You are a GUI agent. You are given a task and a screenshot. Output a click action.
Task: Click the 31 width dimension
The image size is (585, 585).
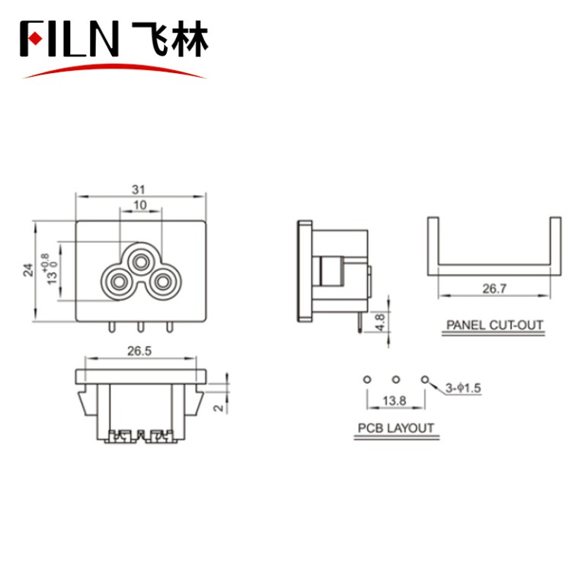[139, 189]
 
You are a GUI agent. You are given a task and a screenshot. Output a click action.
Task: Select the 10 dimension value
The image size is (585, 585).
[140, 206]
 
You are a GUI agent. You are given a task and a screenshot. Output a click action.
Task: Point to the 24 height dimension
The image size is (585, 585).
[28, 269]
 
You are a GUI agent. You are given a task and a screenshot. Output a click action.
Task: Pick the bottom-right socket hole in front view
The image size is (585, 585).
[162, 283]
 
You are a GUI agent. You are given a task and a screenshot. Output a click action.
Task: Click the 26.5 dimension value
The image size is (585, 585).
[139, 352]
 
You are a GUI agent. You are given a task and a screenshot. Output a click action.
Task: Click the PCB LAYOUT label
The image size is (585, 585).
[396, 427]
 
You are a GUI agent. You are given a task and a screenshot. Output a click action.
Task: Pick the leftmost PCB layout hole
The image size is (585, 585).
[367, 379]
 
